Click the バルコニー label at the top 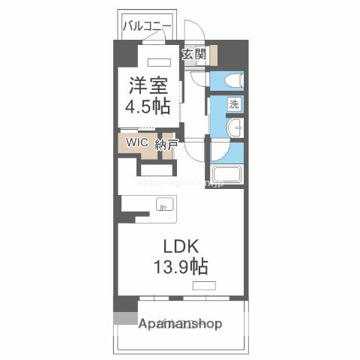pyautogui.click(x=148, y=26)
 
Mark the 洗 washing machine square pyautogui.click(x=233, y=105)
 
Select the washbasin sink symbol pyautogui.click(x=234, y=128)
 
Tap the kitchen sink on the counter pyautogui.click(x=164, y=203)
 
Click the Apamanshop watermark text pyautogui.click(x=181, y=325)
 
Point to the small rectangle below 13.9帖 pyautogui.click(x=202, y=286)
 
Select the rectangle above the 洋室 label pyautogui.click(x=160, y=62)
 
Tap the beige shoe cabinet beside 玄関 pyautogui.click(x=214, y=55)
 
